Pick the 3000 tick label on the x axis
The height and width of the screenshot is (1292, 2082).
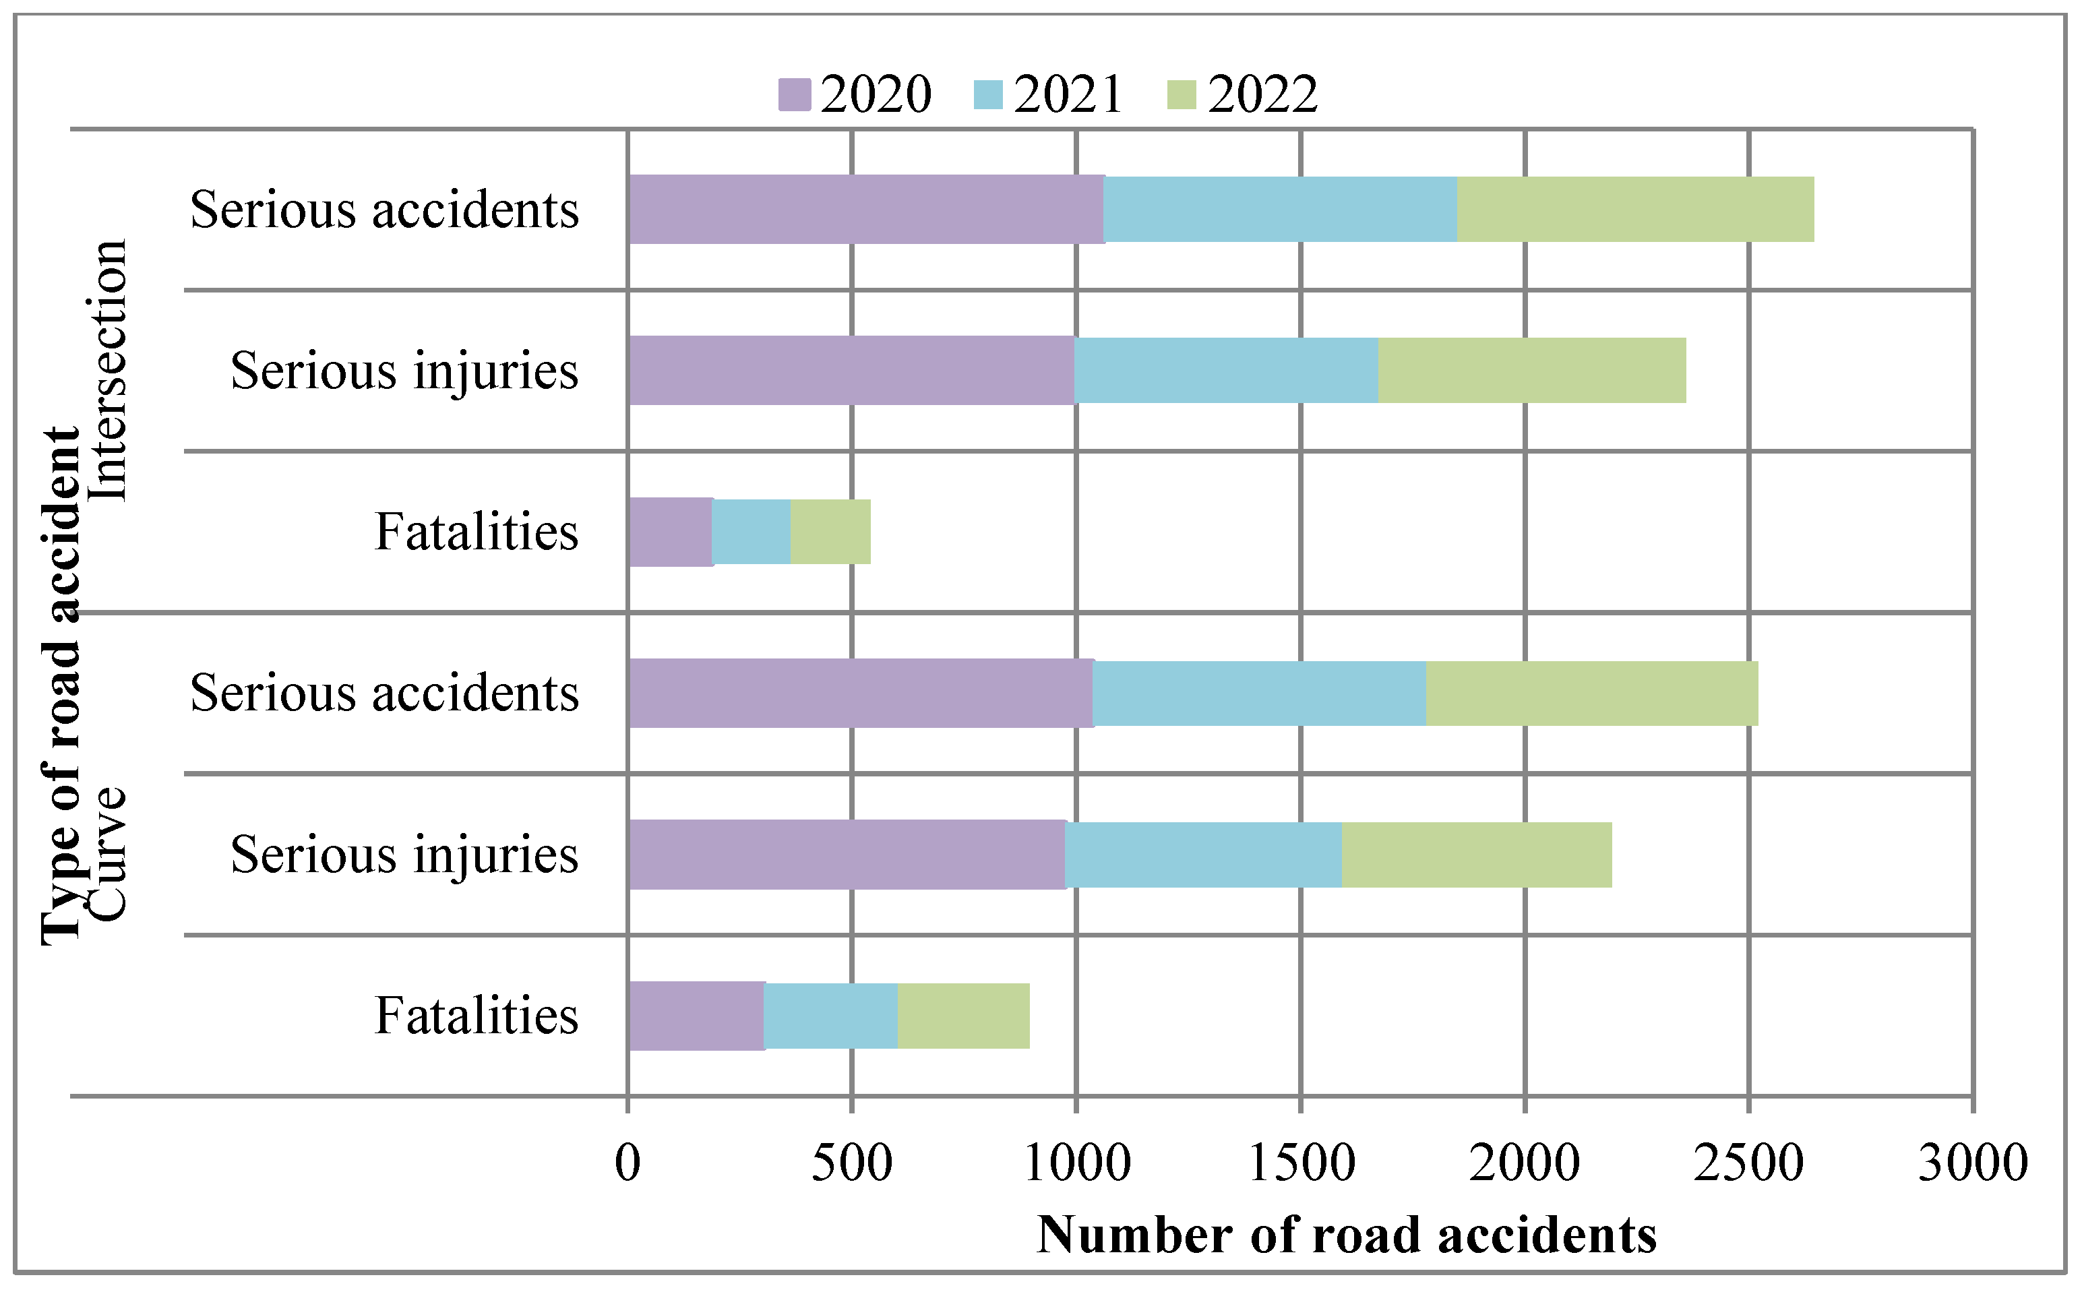tap(1973, 1164)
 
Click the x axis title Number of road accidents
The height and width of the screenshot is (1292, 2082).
tap(1347, 1235)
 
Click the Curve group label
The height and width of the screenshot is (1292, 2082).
tap(109, 855)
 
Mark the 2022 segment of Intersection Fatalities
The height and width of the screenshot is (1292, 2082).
tap(830, 532)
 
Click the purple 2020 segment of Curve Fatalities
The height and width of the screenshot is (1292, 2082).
tap(696, 1015)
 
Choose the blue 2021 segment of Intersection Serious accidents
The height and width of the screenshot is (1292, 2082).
tap(1280, 210)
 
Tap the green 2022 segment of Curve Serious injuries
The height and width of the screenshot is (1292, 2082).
tap(1476, 855)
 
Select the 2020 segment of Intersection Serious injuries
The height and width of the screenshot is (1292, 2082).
tap(851, 370)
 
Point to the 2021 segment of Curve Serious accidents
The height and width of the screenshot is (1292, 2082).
tap(1259, 693)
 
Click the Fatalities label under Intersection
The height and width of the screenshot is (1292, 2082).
tap(476, 532)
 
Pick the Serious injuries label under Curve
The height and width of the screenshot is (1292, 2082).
tap(404, 855)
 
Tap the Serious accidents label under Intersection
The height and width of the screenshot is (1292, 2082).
tap(384, 210)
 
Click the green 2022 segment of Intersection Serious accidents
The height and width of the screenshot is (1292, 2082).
tap(1635, 210)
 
